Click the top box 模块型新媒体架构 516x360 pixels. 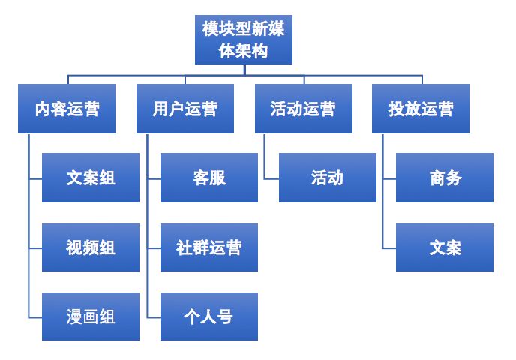click(244, 40)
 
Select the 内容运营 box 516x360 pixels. click(67, 109)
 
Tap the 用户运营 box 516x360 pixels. click(185, 109)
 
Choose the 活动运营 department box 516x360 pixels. click(303, 109)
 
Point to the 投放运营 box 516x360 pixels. click(421, 109)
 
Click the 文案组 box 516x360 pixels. click(91, 178)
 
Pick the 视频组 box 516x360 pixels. click(91, 247)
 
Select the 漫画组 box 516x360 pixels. click(91, 316)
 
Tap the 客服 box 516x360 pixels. click(209, 178)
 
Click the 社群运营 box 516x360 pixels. click(209, 247)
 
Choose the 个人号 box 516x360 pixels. click(209, 316)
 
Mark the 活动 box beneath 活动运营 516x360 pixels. click(328, 178)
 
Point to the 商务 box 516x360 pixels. click(445, 178)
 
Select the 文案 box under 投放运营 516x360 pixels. click(445, 247)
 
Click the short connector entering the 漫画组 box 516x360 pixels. click(35, 316)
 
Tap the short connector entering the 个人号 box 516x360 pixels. click(154, 316)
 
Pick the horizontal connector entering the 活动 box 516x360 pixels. click(271, 178)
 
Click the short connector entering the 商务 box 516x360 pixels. click(389, 178)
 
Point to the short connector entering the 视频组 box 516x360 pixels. click(35, 247)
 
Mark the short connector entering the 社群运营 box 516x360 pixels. click(154, 247)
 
